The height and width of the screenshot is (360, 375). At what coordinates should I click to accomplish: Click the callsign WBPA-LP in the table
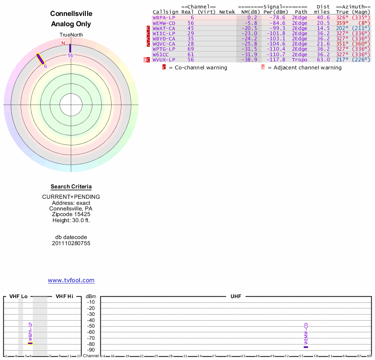click(x=163, y=17)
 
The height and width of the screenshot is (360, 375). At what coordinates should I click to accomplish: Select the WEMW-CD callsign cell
click(x=164, y=22)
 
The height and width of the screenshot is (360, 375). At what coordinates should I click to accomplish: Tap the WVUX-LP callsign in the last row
click(x=164, y=60)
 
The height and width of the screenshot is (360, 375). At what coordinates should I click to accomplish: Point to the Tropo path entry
click(x=300, y=60)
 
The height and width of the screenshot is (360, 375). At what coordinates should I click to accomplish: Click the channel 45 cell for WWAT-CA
click(x=191, y=28)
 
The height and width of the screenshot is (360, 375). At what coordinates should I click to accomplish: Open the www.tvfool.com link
click(x=71, y=280)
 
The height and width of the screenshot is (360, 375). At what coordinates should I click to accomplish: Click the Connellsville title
click(x=71, y=14)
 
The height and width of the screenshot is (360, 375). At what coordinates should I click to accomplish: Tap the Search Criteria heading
click(x=71, y=187)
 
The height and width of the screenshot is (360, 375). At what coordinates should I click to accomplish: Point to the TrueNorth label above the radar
click(x=71, y=35)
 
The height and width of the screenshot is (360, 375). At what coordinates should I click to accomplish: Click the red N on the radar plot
click(x=63, y=43)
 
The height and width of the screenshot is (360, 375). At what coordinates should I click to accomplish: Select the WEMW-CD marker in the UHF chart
click(x=306, y=347)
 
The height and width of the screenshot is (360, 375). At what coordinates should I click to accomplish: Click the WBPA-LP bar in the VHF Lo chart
click(x=30, y=343)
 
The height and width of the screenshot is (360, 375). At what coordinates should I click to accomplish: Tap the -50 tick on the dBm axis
click(x=91, y=326)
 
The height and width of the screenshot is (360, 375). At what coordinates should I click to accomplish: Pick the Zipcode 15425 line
click(x=71, y=214)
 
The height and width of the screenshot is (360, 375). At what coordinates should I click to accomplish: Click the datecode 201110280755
click(x=71, y=243)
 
